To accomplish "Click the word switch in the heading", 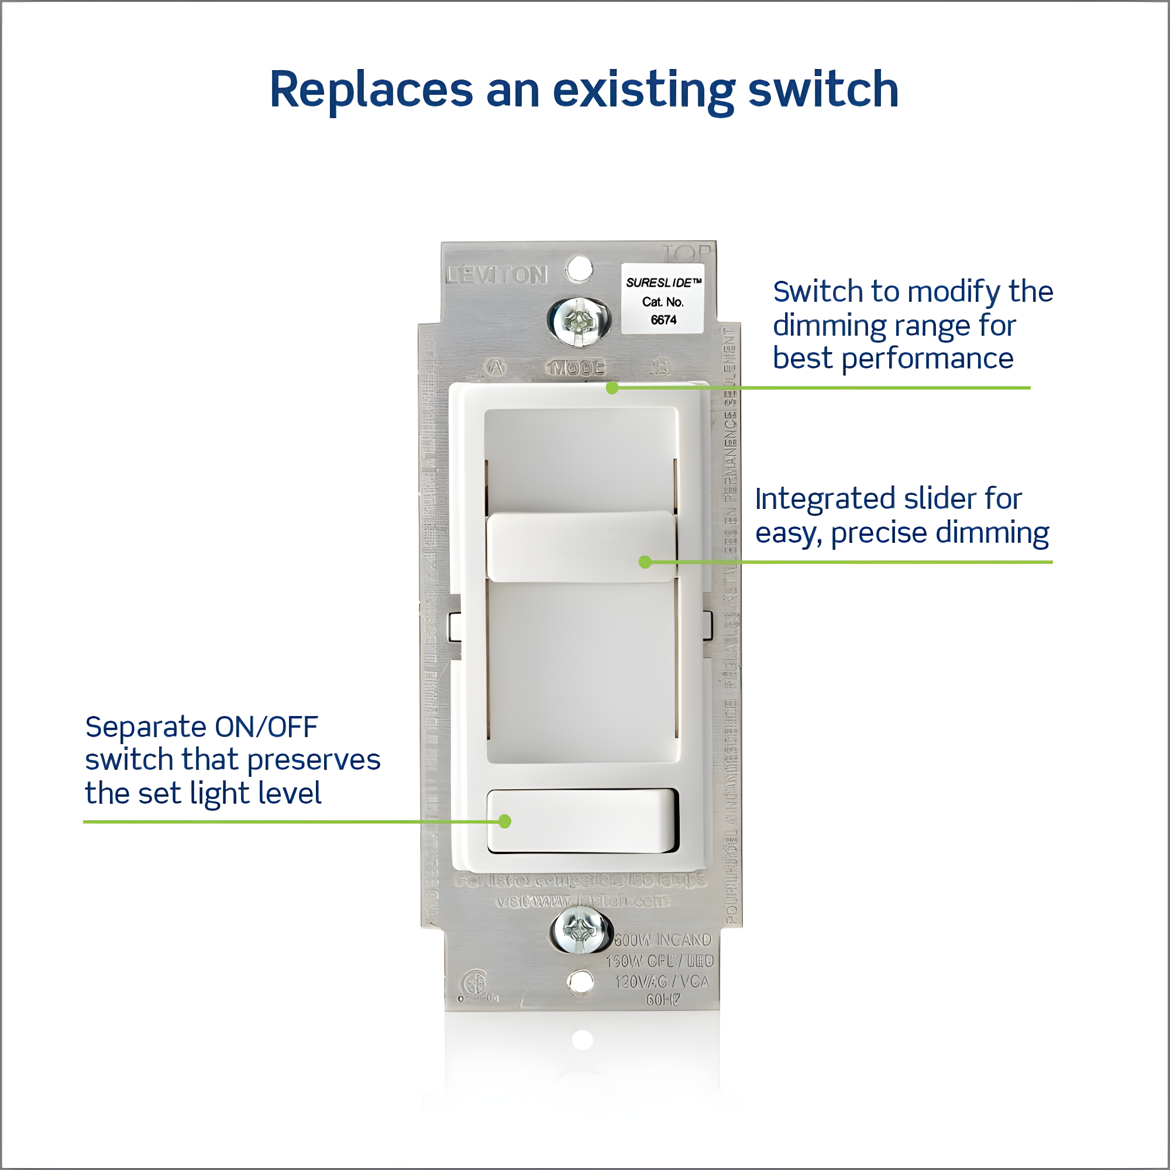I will point(823,90).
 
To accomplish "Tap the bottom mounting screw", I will point(580,930).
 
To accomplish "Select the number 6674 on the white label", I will point(663,320).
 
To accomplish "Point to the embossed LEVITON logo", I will point(497,276).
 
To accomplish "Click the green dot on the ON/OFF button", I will point(505,821).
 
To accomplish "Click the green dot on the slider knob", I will point(645,562).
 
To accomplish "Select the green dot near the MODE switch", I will point(612,388).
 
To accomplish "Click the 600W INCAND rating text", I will point(663,940).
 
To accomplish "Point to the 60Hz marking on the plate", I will point(663,1000).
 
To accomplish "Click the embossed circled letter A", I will point(496,367).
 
